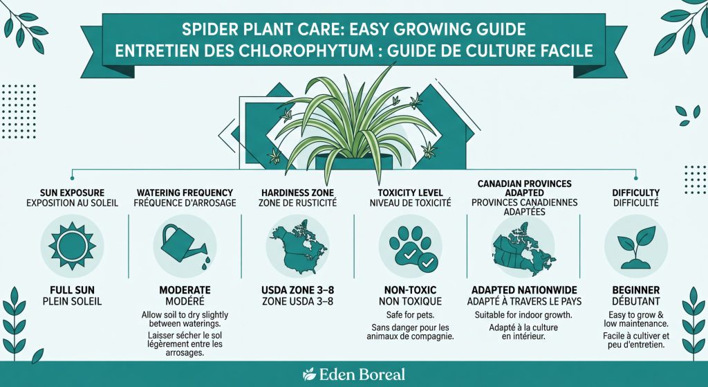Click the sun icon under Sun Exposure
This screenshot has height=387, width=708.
(72, 244)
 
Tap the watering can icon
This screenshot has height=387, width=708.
(183, 244)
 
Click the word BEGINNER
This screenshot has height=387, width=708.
(635, 289)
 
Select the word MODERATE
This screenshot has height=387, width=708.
(183, 289)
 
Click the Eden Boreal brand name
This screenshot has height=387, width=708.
(362, 375)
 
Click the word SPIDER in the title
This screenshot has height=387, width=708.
(222, 31)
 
